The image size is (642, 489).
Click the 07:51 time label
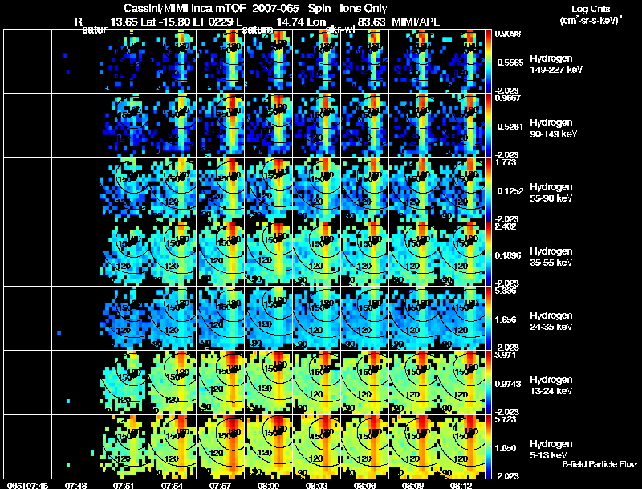click(x=124, y=485)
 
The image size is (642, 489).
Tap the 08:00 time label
click(x=270, y=485)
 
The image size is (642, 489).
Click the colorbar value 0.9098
click(x=509, y=34)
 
